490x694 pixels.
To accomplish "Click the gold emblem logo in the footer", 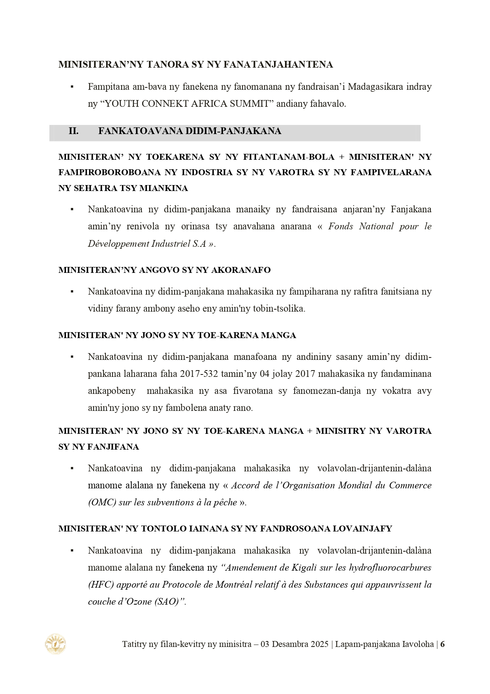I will [55, 644].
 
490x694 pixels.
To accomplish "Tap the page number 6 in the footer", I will [442, 644].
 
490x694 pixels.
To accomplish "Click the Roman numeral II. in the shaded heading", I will [73, 131].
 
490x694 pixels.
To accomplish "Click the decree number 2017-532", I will [199, 374].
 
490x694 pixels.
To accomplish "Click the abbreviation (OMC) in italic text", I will [102, 503].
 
